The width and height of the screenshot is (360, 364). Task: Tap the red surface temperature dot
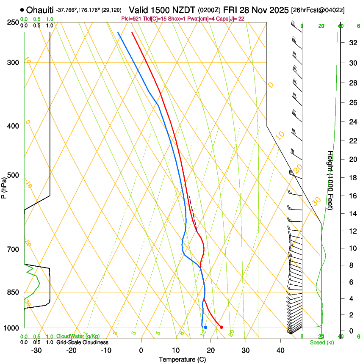point(221,327)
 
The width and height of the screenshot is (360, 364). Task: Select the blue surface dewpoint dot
point(205,327)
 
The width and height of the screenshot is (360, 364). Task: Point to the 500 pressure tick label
point(12,175)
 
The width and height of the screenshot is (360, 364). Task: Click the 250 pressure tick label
point(12,22)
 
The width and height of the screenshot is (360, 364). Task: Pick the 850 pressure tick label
point(12,292)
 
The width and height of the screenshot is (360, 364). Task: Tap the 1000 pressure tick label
point(11,328)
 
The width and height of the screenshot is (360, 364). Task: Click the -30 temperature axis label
point(36,350)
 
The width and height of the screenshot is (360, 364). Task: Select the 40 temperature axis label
point(280,350)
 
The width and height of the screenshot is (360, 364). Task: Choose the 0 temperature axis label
point(141,350)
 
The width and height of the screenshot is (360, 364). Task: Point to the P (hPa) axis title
point(4,187)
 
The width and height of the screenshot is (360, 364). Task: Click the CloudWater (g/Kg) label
point(78,336)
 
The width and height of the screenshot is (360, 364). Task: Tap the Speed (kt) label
point(321,342)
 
